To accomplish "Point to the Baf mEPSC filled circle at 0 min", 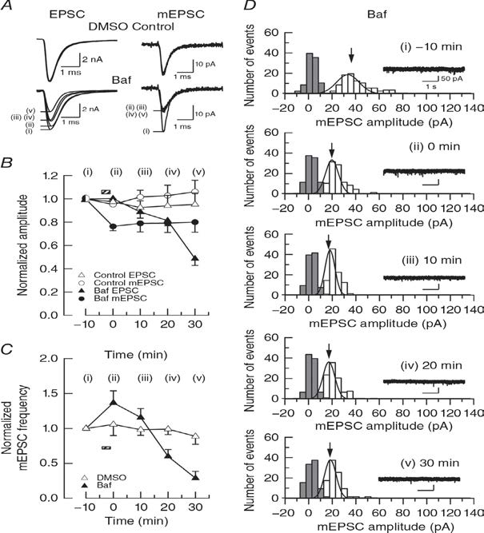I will pos(113,226).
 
